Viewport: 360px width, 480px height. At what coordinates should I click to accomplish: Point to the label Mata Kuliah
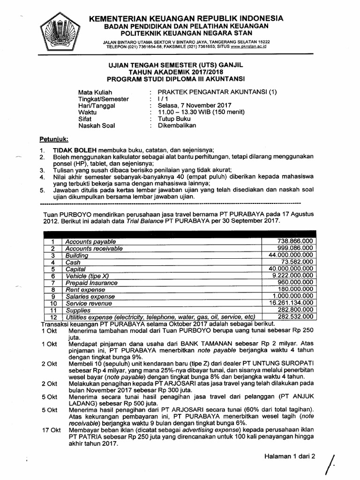(95, 92)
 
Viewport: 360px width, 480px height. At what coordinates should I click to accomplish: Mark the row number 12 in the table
(53, 317)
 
